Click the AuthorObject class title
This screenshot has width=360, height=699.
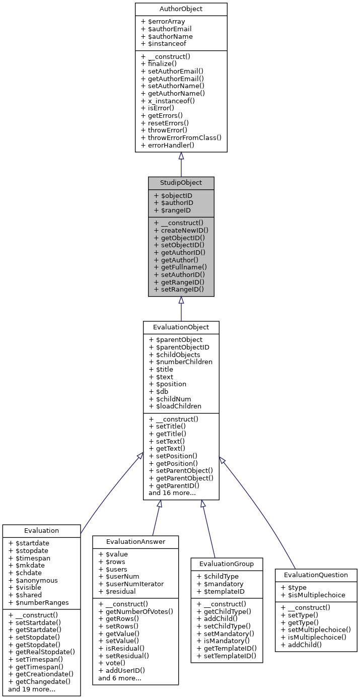(181, 9)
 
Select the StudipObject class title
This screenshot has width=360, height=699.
(181, 182)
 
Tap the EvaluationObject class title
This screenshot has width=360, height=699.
(181, 327)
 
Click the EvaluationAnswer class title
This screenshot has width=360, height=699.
(135, 541)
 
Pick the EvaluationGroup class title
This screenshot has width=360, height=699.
(227, 564)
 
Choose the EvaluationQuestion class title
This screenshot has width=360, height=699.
(316, 575)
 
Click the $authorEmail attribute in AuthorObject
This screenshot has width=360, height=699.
(167, 29)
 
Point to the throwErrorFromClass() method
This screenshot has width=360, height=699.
(181, 137)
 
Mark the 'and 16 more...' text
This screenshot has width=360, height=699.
(172, 493)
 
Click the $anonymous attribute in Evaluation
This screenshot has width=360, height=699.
(33, 580)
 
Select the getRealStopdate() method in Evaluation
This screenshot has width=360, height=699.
(42, 652)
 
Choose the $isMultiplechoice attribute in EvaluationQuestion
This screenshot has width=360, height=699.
(313, 595)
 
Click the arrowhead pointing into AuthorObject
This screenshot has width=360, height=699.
(181, 156)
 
